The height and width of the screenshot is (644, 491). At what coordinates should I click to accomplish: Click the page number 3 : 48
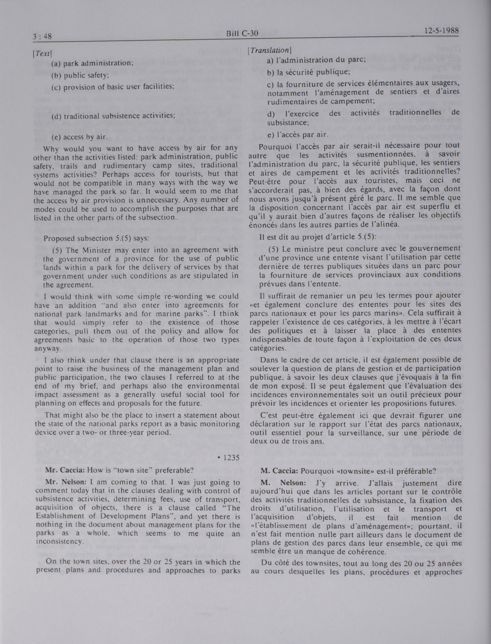click(42, 37)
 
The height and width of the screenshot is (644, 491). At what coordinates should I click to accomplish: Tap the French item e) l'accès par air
click(298, 135)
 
